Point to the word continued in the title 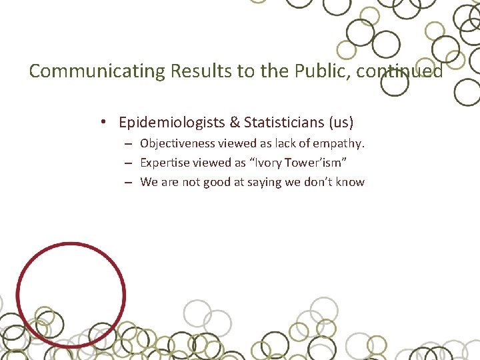tap(399, 71)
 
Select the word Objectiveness tap(177, 143)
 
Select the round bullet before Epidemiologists tap(104, 123)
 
